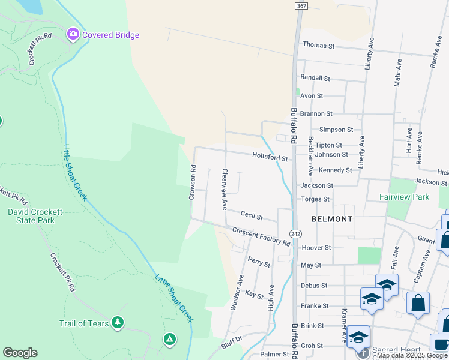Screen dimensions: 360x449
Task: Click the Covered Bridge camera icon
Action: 74,34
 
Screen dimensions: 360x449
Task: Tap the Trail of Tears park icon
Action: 118,323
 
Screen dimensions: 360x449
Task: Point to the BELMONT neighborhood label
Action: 332,219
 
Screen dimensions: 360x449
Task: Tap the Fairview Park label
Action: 404,196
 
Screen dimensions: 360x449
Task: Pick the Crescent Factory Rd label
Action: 261,237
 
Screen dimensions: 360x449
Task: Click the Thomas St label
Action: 318,45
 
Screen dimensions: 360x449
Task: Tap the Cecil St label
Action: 252,214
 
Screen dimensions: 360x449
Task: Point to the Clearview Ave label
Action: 224,188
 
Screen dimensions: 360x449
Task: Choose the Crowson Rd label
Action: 193,182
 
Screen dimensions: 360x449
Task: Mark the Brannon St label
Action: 316,113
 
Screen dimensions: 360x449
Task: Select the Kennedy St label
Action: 335,170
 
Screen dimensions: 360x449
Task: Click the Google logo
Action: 20,353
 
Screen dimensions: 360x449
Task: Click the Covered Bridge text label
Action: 110,35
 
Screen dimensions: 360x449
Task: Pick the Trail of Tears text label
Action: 84,324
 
